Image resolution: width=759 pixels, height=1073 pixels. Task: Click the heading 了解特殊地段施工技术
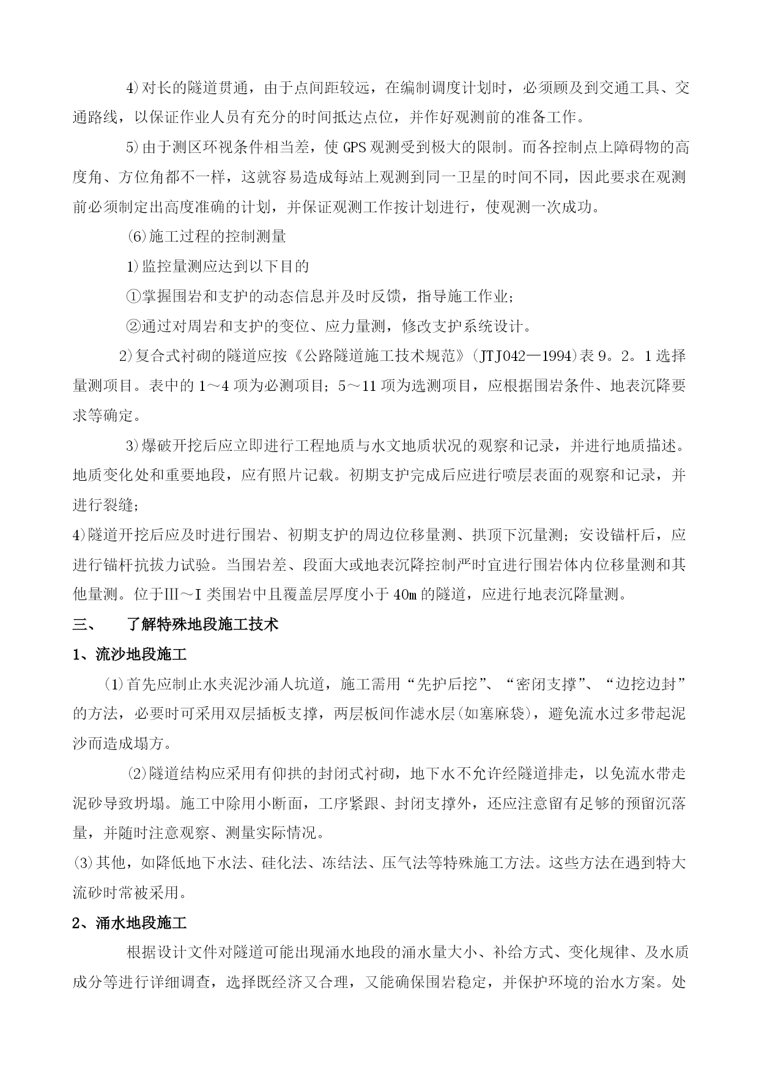coord(202,625)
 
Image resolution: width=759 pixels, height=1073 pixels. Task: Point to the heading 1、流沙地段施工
coord(130,655)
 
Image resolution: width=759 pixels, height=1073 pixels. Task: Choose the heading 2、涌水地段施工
coord(130,923)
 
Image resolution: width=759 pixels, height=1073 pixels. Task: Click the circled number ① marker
coord(133,297)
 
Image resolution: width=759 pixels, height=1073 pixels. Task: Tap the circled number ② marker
coord(133,326)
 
